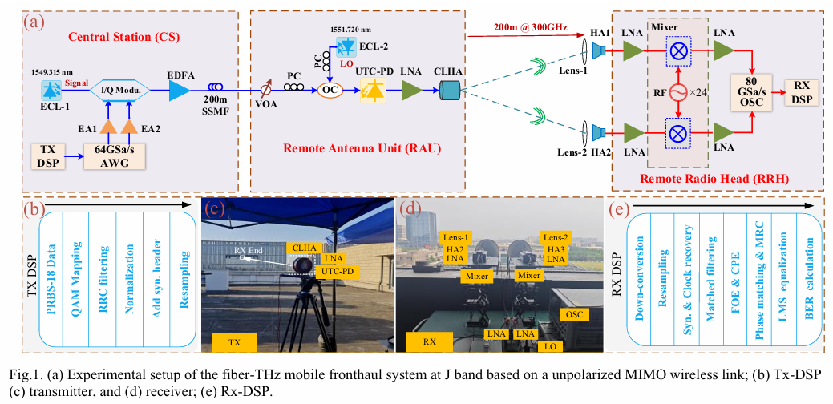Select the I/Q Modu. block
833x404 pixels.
[x=120, y=91]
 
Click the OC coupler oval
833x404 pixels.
[x=327, y=92]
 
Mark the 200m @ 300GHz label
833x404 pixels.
[x=522, y=28]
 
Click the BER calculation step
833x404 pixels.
[x=806, y=275]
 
